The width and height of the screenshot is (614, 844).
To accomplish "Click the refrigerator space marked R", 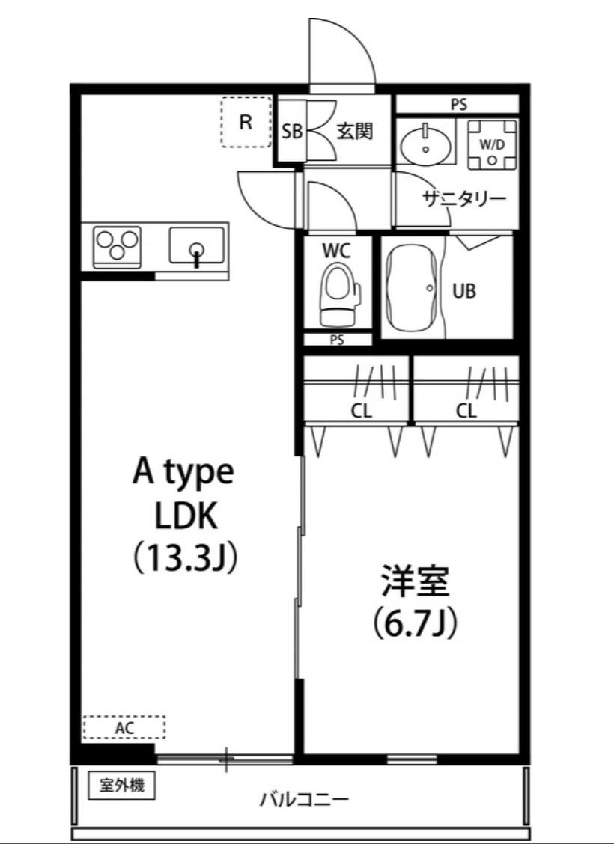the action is (x=246, y=122).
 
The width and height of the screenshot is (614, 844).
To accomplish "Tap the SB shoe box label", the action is (x=292, y=132).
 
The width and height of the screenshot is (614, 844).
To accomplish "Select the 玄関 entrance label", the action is (x=355, y=131).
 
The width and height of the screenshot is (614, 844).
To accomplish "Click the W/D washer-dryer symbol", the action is (x=492, y=145).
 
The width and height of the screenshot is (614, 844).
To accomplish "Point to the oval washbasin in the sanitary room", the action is (x=425, y=143).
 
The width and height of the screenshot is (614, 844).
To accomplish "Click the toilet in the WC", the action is (x=339, y=293).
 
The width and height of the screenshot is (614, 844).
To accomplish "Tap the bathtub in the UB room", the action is (x=412, y=291).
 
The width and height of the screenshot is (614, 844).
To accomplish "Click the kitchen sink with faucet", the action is (x=197, y=246).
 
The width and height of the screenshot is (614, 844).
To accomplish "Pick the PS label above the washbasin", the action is (x=459, y=105).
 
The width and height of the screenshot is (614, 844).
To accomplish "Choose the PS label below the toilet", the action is (x=337, y=340).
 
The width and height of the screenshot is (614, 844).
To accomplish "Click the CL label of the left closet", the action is (x=362, y=412).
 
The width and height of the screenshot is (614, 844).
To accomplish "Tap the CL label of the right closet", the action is (x=466, y=412).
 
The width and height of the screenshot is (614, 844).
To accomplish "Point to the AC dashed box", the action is (x=124, y=727).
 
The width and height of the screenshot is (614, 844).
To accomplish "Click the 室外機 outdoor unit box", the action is (x=122, y=786).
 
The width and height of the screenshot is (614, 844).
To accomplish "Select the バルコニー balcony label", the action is (x=304, y=799).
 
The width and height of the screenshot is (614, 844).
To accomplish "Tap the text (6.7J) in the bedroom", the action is (x=416, y=623).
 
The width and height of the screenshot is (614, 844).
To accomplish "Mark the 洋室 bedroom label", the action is (x=416, y=581).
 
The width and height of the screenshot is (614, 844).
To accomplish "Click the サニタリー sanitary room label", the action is (x=464, y=199).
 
